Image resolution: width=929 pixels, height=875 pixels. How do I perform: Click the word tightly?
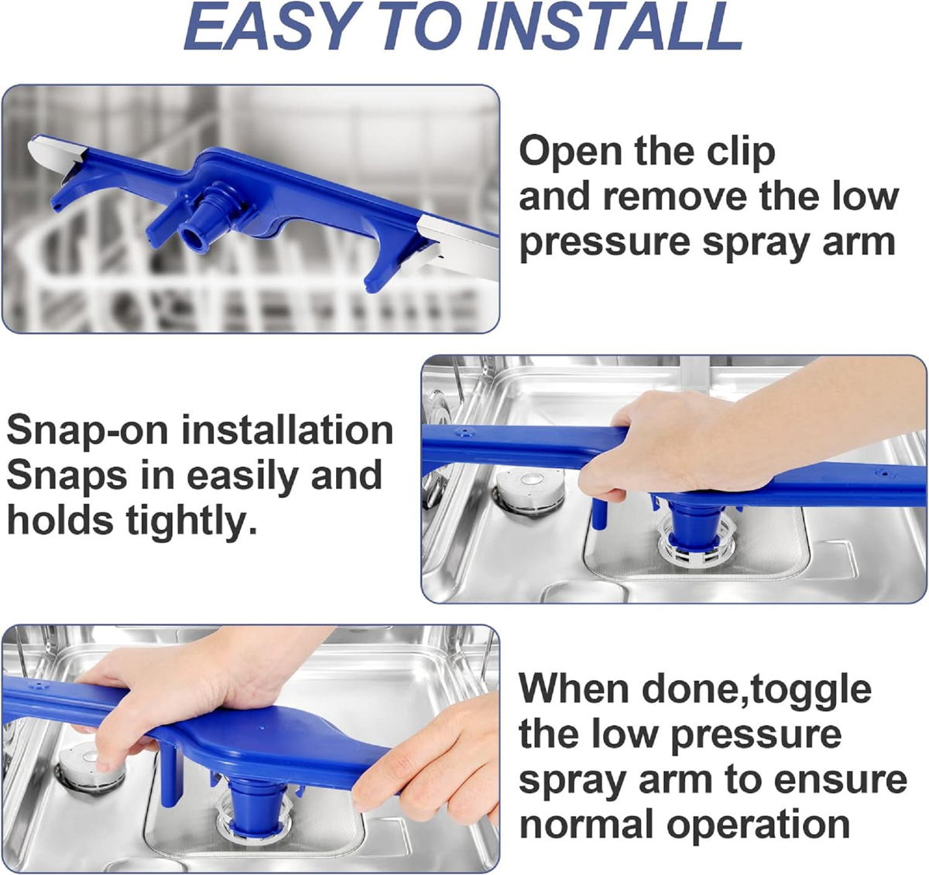point(192,521)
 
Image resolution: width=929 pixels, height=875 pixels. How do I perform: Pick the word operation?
point(758,827)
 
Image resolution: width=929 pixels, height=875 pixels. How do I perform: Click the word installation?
point(287,431)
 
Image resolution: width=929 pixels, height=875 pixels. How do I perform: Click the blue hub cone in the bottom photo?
point(255,799)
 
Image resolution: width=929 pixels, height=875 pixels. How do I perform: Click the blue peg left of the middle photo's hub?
point(600,514)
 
